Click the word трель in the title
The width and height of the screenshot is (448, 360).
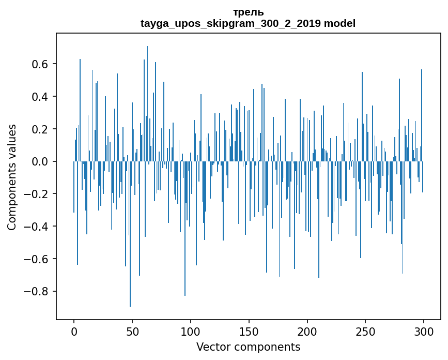(248, 12)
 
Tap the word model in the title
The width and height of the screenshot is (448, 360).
(339, 23)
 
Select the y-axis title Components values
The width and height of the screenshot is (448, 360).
(12, 177)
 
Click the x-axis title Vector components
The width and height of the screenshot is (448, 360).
(248, 347)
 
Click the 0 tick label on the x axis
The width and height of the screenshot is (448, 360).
(74, 331)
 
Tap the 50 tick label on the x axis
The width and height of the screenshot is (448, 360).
(132, 331)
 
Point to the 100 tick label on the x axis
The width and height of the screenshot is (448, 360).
(191, 331)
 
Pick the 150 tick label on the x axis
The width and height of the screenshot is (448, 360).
(249, 331)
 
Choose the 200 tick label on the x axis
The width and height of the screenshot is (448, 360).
(307, 331)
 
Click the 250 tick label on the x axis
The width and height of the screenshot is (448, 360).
(366, 331)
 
